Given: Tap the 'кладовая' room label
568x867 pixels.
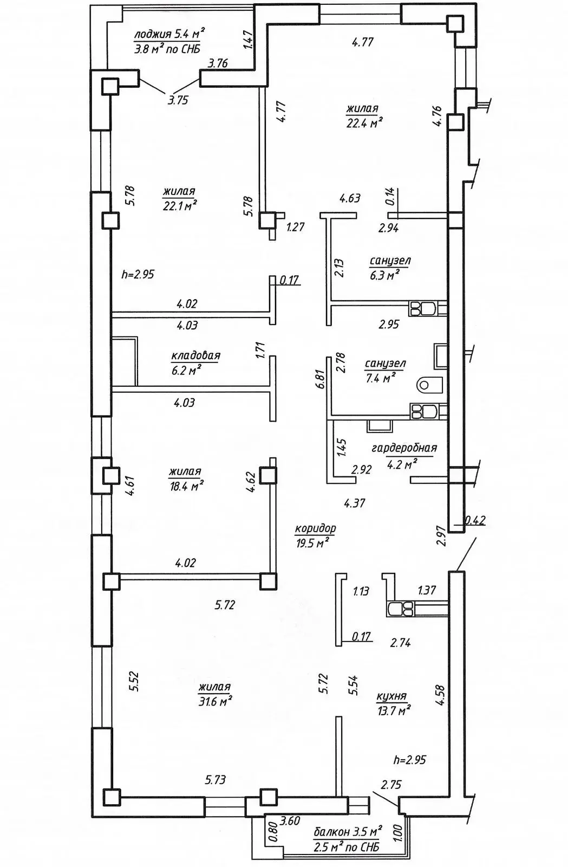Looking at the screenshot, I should click(195, 356).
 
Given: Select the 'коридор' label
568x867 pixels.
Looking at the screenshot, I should click(315, 528).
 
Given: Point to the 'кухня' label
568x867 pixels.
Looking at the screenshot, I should click(391, 697).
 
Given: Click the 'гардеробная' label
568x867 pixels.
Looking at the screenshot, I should click(404, 448).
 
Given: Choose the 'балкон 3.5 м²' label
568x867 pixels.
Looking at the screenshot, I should click(348, 831).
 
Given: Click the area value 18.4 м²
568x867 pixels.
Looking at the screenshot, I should click(186, 486).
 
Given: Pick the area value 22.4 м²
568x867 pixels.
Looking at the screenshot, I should click(364, 123).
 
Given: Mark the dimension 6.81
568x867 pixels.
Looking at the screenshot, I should click(322, 379).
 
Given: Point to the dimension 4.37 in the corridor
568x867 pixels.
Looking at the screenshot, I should click(354, 503).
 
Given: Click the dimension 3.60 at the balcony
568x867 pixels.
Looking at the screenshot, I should click(290, 821).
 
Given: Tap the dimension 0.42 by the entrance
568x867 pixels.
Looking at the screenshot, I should click(474, 521).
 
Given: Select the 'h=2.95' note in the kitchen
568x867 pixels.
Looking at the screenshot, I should click(410, 760).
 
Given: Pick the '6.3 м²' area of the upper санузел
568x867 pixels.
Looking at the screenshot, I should click(384, 275).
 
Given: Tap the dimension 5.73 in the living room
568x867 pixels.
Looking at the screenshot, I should click(215, 780).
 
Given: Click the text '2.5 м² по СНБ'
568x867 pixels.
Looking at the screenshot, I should click(347, 847).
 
